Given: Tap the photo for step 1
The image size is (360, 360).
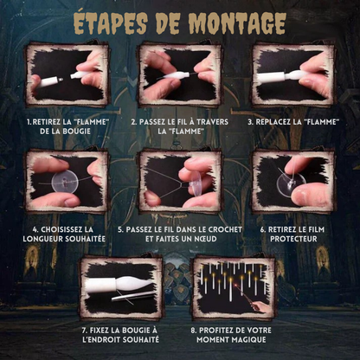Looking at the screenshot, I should tap(66, 76).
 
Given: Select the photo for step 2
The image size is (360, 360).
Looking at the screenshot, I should tap(178, 76).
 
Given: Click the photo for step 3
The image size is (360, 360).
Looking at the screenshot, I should tap(292, 76).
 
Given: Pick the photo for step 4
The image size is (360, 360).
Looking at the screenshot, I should tap(66, 182).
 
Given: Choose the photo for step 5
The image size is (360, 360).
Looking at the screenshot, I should tap(178, 182).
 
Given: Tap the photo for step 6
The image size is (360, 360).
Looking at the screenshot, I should tap(292, 182).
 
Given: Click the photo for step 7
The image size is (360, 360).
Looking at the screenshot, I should tap(121, 287).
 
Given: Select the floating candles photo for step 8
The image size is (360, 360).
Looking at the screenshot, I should tap(235, 287).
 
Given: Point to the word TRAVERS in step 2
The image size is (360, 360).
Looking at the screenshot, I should tap(209, 122).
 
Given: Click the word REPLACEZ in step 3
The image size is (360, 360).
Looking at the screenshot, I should tap(275, 122).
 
